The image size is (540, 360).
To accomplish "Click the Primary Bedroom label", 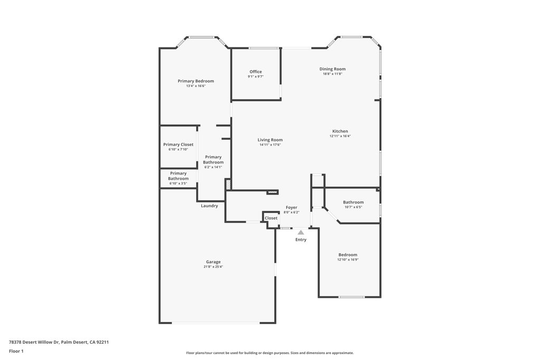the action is (196, 81).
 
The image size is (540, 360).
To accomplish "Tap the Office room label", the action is (256, 72).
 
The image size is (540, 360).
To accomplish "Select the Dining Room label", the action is (332, 69).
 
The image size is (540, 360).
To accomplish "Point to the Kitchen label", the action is (340, 131).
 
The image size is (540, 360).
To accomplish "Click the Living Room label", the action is (270, 140).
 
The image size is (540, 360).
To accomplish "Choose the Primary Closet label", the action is (178, 144).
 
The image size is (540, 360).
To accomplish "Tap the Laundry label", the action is (209, 206).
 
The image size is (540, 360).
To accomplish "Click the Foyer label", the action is (291, 208).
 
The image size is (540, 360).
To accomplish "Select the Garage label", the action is (213, 262).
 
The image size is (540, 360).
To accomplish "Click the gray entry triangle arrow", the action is (301, 232).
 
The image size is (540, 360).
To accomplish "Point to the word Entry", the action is (301, 239).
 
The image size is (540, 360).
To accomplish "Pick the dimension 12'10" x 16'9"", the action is (348, 260).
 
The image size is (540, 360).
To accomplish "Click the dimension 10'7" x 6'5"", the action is (353, 207).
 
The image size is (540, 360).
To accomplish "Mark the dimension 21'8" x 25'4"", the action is (213, 267).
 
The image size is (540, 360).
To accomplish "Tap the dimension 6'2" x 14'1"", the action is (213, 167).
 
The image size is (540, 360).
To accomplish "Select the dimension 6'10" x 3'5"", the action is (178, 183).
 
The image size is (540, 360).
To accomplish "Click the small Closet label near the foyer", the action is (271, 218).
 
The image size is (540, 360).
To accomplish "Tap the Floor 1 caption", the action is (16, 351).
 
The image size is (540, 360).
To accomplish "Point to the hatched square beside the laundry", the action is (228, 184).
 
